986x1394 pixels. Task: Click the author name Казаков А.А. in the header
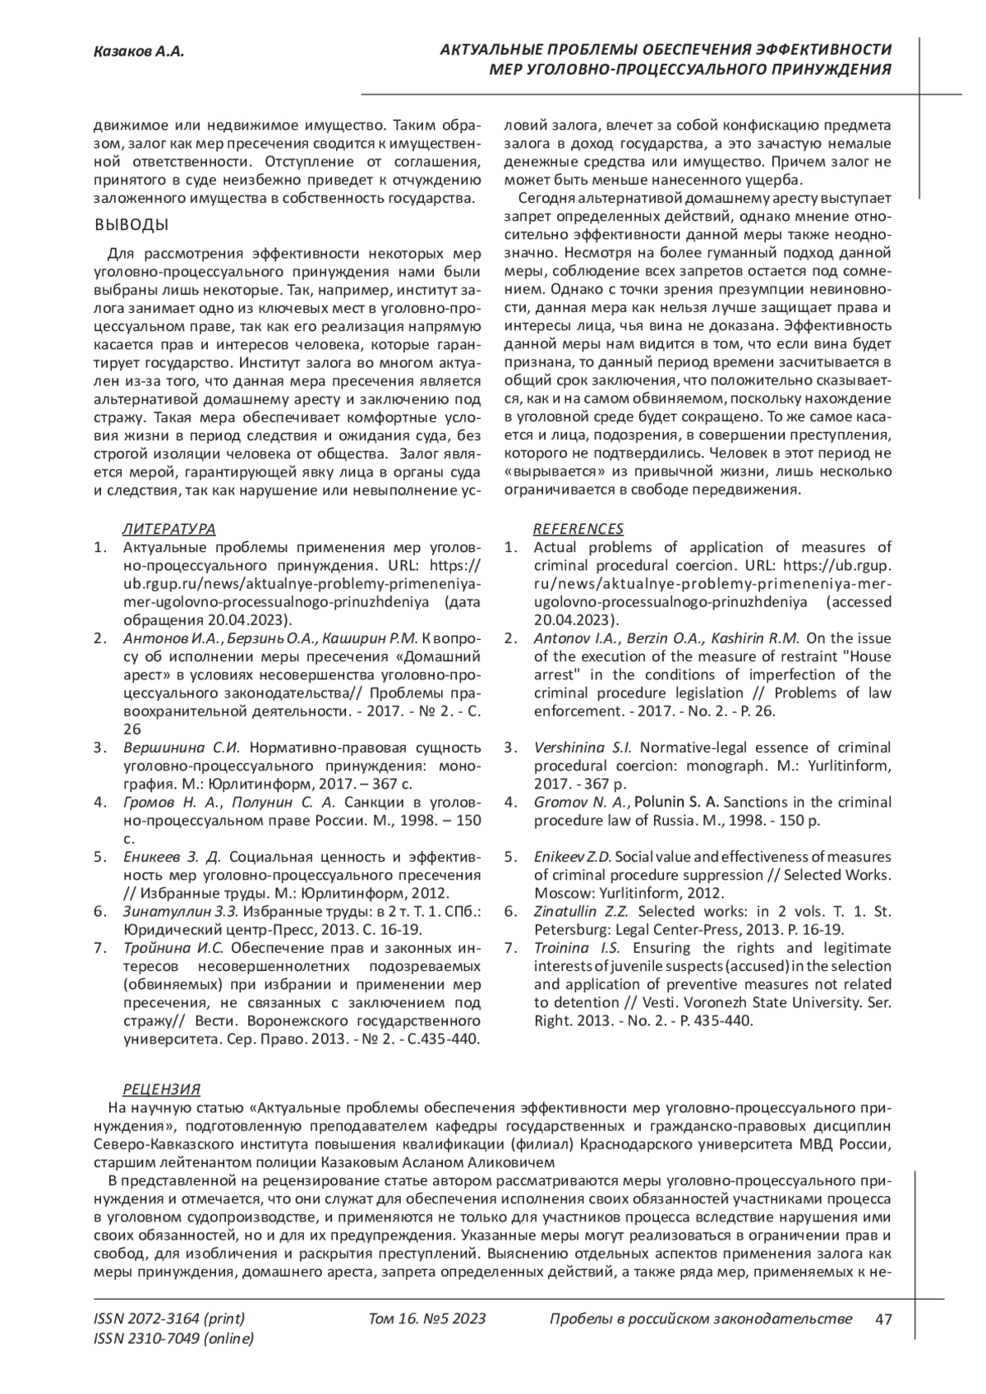[x=138, y=53]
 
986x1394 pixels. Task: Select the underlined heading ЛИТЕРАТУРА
[x=169, y=529]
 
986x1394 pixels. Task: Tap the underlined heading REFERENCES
[x=578, y=529]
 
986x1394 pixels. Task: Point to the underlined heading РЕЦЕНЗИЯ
[x=161, y=1090]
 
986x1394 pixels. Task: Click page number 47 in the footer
[x=883, y=1319]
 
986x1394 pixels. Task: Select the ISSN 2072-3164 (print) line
[x=169, y=1319]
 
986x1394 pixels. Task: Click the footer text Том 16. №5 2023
[x=427, y=1319]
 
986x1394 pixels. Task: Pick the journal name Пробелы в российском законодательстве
[x=700, y=1319]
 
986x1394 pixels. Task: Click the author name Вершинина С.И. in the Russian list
[x=181, y=748]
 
